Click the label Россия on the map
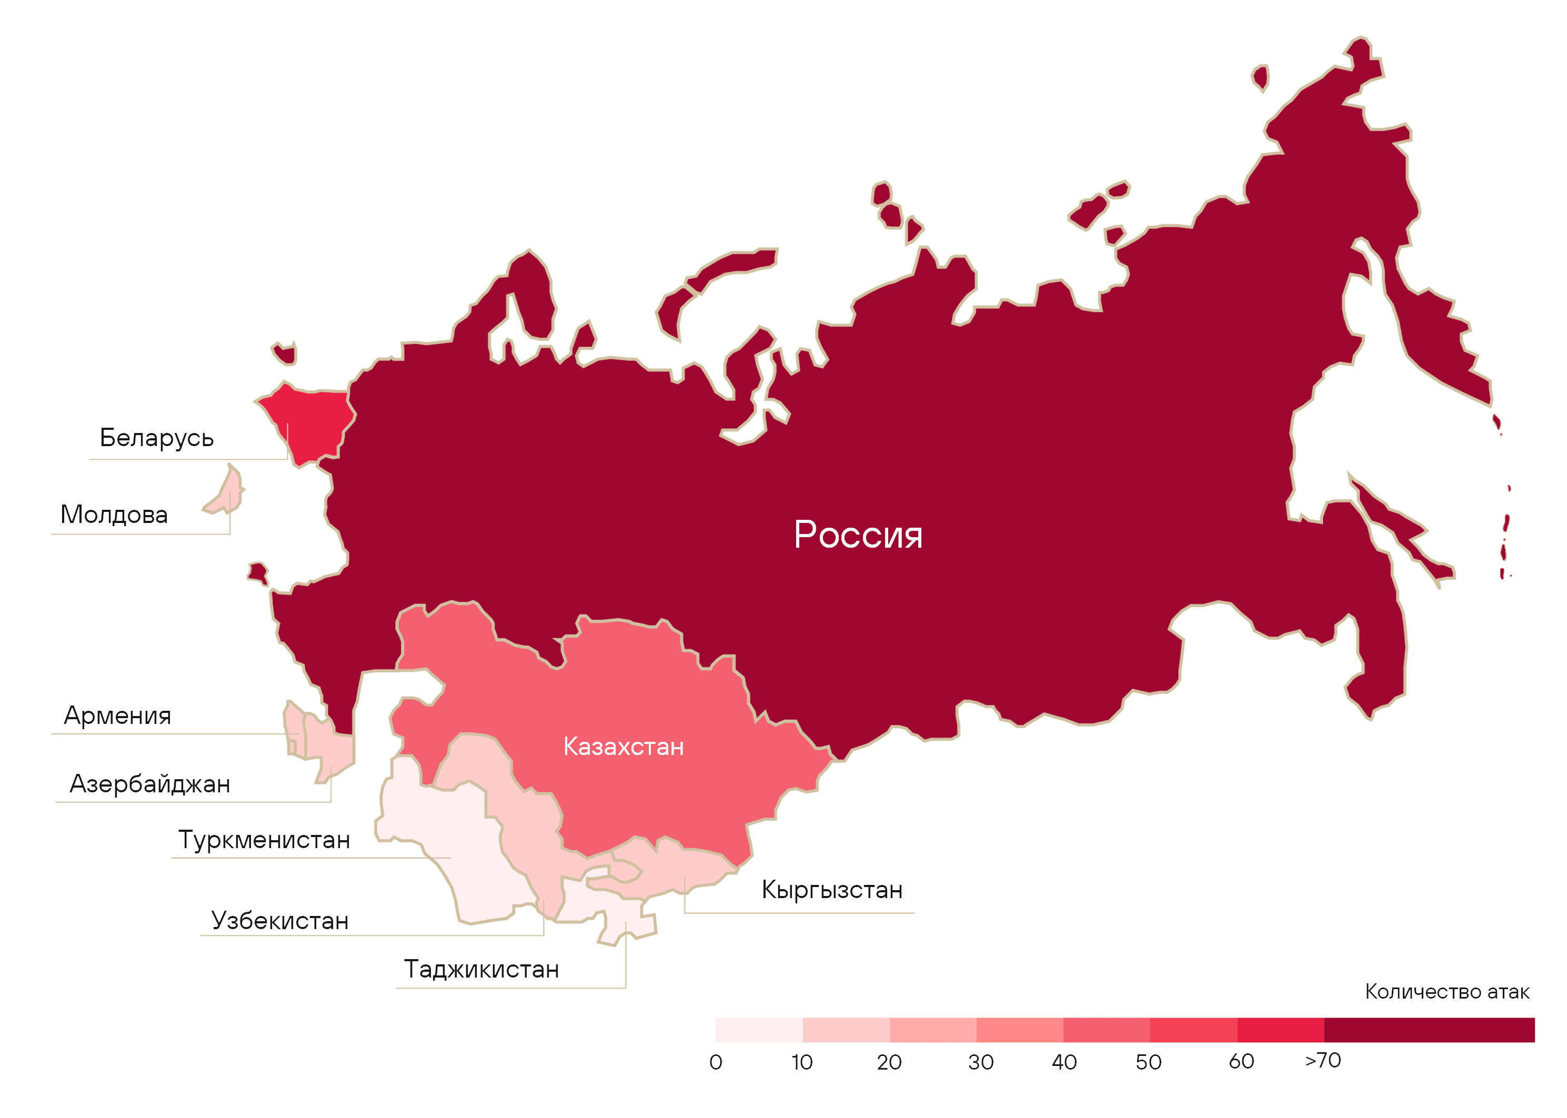point(858,535)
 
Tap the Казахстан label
point(623,747)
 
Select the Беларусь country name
point(156,438)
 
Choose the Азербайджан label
point(149,784)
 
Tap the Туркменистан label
point(264,840)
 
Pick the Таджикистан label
point(481,969)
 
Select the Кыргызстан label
point(832,890)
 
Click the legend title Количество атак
point(1447,992)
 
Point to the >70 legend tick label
point(1323,1060)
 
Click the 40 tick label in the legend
point(1064,1062)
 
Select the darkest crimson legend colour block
point(1429,1030)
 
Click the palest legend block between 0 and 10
point(759,1030)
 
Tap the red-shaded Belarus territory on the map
point(310,420)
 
